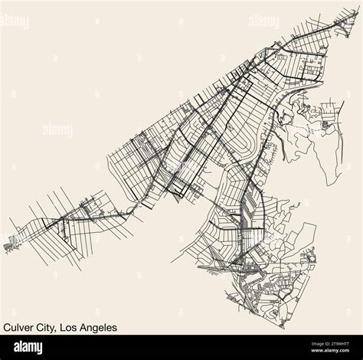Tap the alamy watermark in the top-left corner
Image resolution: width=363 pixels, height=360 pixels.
click(16, 21)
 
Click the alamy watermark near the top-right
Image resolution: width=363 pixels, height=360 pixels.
click(263, 21)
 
